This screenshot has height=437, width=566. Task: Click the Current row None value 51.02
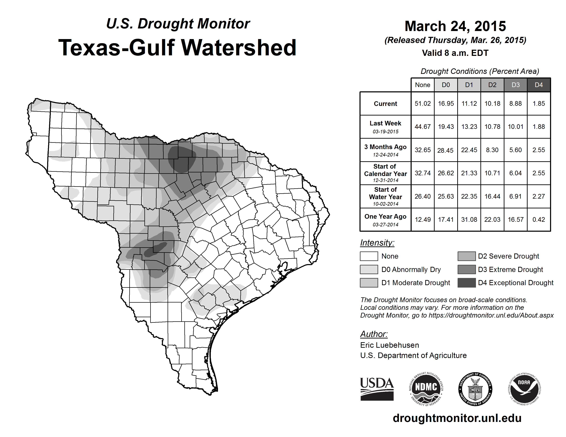(x=422, y=104)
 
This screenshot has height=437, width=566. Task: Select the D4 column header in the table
(x=539, y=85)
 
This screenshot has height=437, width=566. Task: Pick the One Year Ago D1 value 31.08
(x=469, y=220)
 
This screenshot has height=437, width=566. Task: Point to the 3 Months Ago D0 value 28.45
(x=445, y=150)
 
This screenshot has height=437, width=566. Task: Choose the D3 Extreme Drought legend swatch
(x=467, y=270)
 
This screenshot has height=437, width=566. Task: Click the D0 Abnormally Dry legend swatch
(x=369, y=270)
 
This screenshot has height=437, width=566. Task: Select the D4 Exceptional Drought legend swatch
(x=467, y=283)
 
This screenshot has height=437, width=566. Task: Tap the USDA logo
(x=377, y=389)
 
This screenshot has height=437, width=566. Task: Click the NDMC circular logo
(x=426, y=389)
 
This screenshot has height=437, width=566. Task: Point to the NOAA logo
(x=524, y=389)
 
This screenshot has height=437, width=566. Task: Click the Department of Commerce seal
(x=475, y=389)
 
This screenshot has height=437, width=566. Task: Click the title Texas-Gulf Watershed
(x=177, y=48)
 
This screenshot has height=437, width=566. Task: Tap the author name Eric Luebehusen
(x=390, y=345)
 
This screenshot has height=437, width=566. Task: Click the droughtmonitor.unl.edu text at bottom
(x=457, y=418)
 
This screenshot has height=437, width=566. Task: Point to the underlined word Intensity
(x=377, y=243)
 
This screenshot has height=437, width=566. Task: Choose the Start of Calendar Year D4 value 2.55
(x=539, y=173)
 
